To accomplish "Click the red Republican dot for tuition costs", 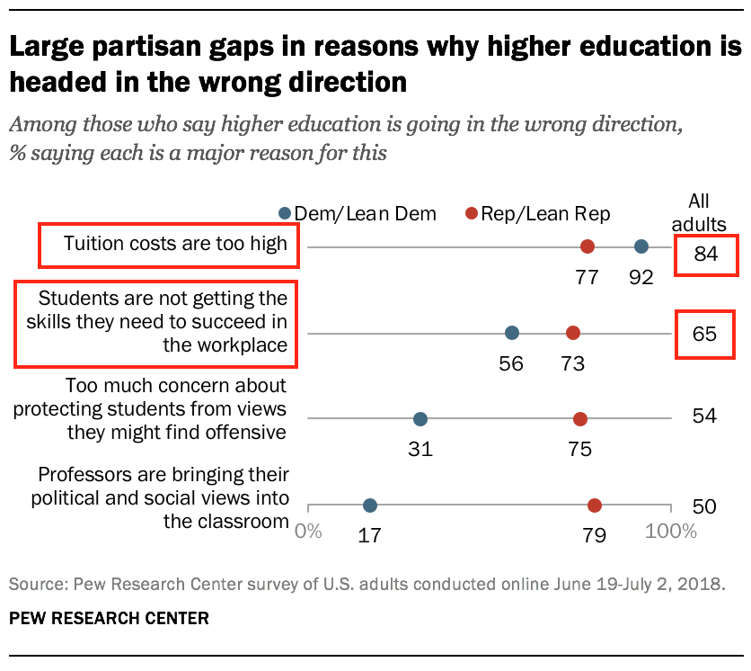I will click(588, 246).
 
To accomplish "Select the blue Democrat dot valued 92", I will click(641, 246).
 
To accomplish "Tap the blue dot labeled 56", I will click(512, 333).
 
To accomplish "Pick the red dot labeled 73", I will click(573, 333).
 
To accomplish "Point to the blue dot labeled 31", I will click(420, 419).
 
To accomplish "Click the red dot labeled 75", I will click(580, 419).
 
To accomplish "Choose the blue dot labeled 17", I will click(370, 505).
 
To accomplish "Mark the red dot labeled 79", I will click(595, 505).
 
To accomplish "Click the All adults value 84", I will click(705, 254).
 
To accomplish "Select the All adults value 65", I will click(705, 334).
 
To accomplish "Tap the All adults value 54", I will click(705, 416).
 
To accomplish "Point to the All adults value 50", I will click(705, 506).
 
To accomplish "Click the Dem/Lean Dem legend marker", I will click(285, 213).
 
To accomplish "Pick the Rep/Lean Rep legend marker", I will click(470, 213).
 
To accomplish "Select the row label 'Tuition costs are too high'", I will click(175, 243).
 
